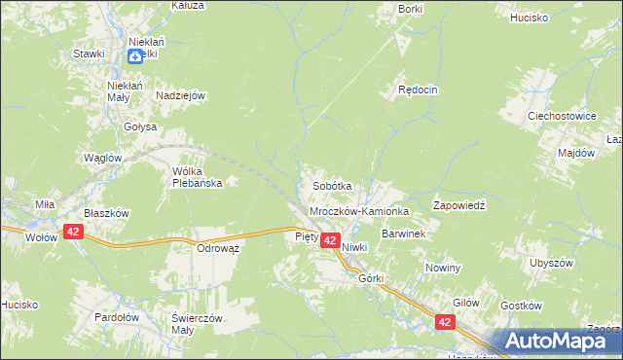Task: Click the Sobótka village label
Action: point(331,185)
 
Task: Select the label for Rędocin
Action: point(419,90)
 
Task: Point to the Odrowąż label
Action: point(219,248)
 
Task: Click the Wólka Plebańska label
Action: point(198,177)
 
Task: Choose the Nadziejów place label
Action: point(179,95)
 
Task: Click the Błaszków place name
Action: point(106,213)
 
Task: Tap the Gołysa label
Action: point(140,126)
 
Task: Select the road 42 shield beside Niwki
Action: point(329,240)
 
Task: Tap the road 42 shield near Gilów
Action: point(446,321)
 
